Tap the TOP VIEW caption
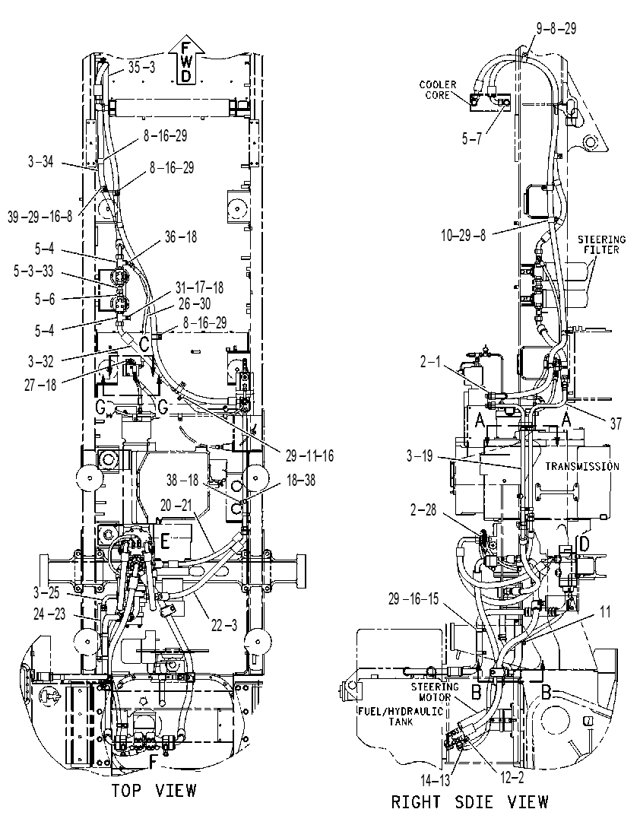154,790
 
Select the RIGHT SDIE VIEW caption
469,801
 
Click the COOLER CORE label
438,90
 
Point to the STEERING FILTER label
601,245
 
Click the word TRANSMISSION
581,466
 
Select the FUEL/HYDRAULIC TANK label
401,716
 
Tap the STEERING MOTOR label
435,692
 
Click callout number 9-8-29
556,28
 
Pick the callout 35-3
141,68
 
